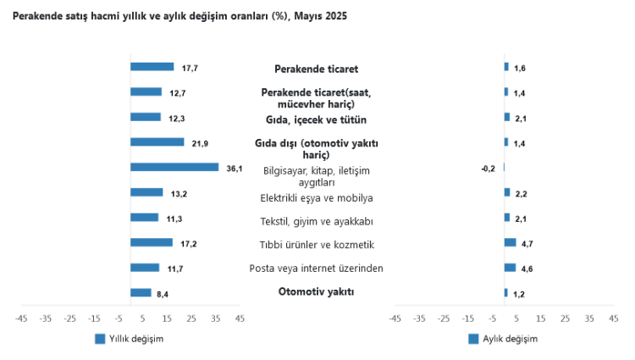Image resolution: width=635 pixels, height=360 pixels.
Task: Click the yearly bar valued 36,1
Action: point(174,168)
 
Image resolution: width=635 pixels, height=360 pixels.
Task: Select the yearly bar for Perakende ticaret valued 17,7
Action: point(152,67)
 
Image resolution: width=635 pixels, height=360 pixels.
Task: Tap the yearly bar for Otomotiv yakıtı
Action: point(141,293)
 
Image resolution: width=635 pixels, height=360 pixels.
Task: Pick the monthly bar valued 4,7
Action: point(510,243)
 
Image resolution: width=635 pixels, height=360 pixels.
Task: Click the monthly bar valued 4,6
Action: point(510,268)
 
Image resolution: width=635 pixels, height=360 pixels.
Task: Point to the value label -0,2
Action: point(488,169)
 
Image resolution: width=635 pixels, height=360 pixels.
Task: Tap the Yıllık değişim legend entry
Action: point(129,339)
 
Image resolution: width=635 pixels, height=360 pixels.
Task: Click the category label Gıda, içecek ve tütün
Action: point(316,119)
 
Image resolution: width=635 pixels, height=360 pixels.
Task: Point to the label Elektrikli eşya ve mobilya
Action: point(316,198)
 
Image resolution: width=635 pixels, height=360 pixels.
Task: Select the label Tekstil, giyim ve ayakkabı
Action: point(316,221)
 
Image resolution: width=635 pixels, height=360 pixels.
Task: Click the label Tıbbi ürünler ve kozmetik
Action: point(316,245)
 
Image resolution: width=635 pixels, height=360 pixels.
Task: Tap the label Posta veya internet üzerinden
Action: point(316,269)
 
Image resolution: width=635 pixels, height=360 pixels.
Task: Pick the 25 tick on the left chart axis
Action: point(191,319)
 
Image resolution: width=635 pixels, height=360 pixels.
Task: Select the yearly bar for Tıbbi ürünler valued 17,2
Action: point(152,243)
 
